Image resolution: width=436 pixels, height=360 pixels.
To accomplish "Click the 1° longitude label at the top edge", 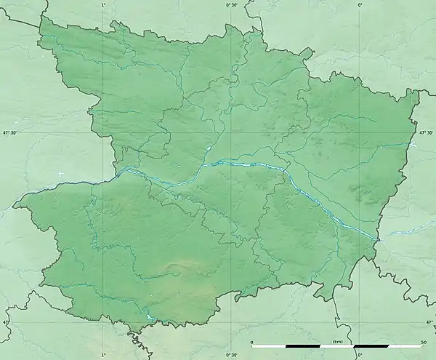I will click(x=103, y=5).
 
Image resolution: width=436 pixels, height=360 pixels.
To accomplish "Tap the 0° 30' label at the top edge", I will click(x=232, y=5).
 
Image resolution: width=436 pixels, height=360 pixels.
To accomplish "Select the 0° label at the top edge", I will click(x=360, y=5).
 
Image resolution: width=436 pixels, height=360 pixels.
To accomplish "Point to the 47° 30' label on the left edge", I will click(x=9, y=132).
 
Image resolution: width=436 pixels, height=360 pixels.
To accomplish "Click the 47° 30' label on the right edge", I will click(x=427, y=132).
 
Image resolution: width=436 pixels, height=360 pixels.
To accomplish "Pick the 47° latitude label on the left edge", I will click(x=6, y=321).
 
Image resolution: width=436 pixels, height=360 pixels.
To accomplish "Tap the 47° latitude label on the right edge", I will click(x=429, y=321).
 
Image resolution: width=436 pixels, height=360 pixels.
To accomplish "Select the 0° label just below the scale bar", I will click(x=360, y=354).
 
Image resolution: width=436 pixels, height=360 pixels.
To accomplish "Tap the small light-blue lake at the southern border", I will click(x=150, y=317).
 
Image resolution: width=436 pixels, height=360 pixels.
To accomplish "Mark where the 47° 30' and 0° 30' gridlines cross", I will click(x=232, y=132).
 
